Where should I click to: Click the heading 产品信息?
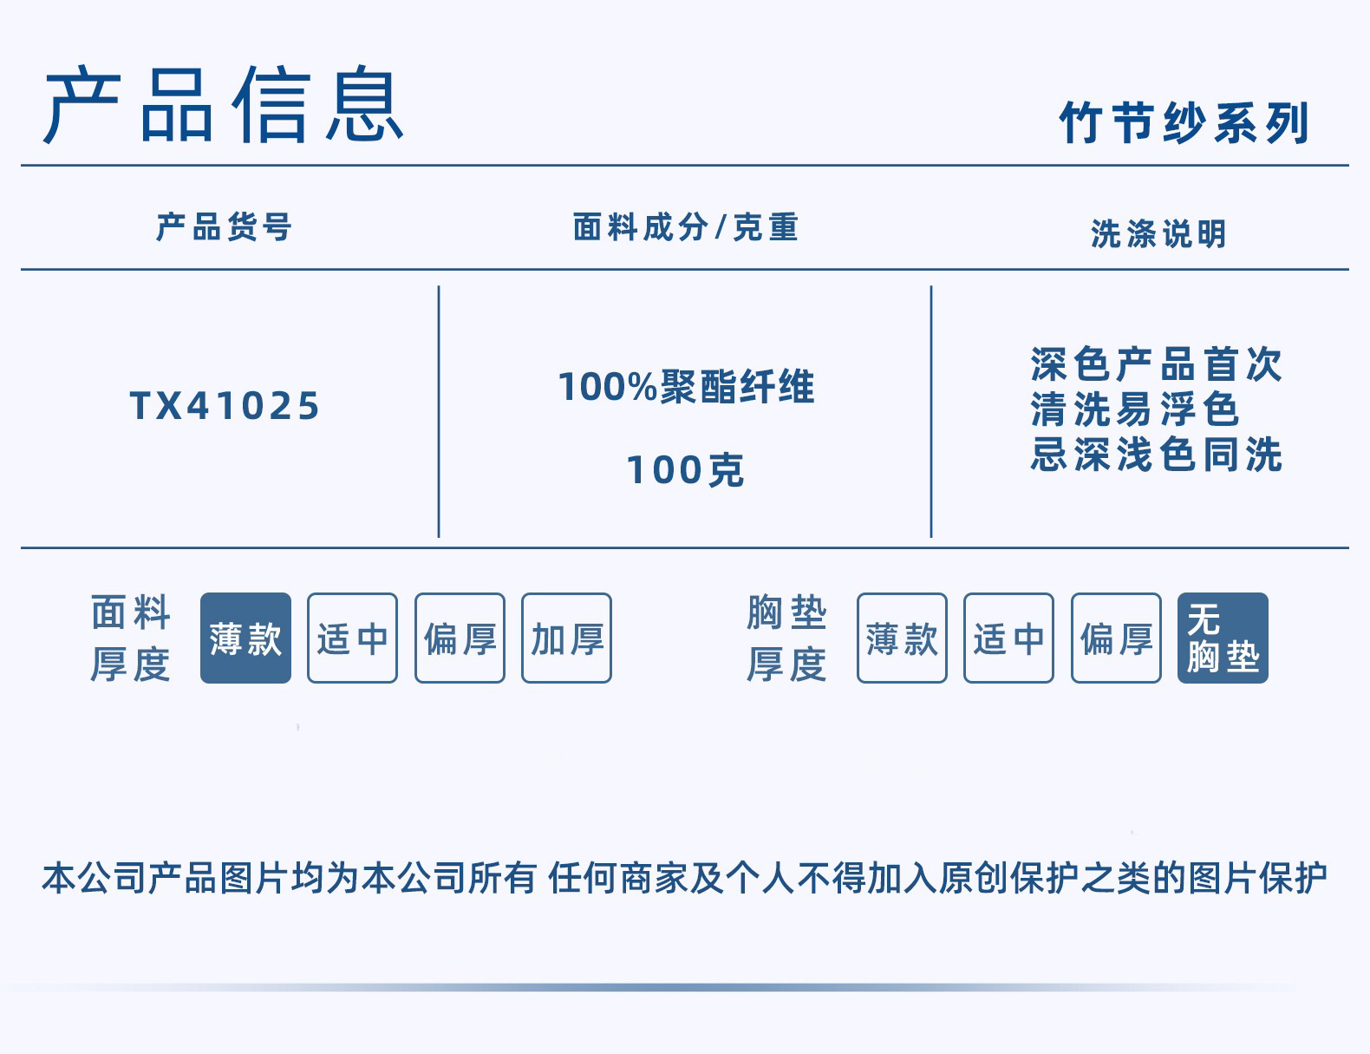pos(224,106)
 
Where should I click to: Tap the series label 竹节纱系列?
pos(1184,122)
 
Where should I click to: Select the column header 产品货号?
pos(224,227)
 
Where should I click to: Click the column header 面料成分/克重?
pos(685,227)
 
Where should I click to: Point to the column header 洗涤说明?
pos(1158,234)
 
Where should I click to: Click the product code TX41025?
pos(225,406)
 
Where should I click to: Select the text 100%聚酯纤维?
pos(686,387)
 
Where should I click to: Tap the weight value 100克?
pos(685,470)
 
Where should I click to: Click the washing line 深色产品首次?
pos(1156,364)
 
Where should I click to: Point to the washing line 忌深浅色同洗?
pos(1156,455)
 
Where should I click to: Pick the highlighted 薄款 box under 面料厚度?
pos(245,638)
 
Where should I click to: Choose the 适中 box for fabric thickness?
pos(352,638)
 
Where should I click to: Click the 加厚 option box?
pos(566,638)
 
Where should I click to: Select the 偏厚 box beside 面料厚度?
pos(460,638)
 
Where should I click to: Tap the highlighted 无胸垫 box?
pos(1223,638)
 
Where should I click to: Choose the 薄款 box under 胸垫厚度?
pos(902,638)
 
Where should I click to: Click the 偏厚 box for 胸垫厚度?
pos(1116,638)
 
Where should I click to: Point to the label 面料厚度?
pos(130,638)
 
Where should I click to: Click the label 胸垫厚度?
pos(786,638)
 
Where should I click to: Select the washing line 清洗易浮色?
pos(1135,409)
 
